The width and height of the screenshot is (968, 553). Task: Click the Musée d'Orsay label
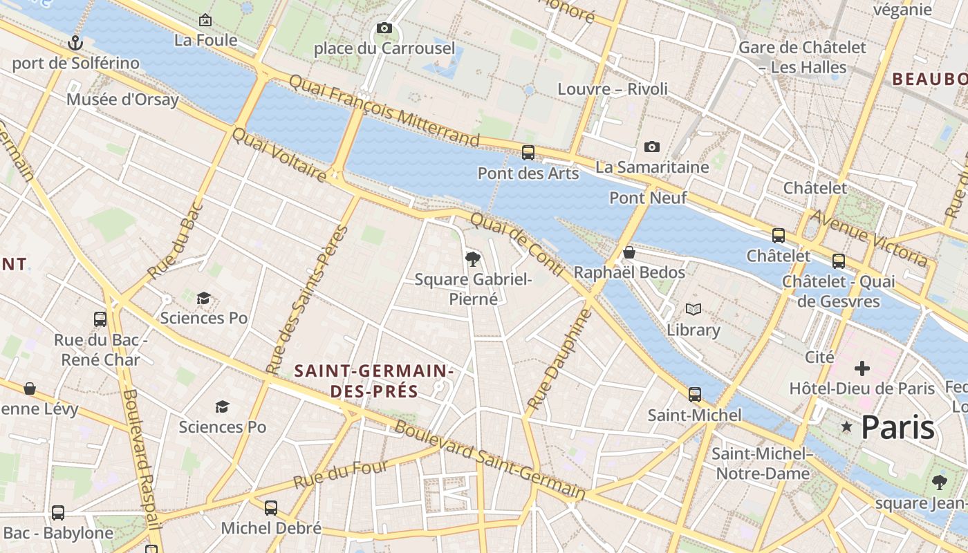pos(122,100)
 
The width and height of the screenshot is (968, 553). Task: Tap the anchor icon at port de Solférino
pos(75,44)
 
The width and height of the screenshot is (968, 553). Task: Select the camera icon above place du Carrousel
pos(384,28)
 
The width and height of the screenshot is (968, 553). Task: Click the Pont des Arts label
pos(528,174)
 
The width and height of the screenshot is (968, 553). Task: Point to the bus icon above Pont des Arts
pos(528,153)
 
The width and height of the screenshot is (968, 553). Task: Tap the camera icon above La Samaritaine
pos(651,147)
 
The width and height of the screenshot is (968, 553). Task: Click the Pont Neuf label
pos(648,198)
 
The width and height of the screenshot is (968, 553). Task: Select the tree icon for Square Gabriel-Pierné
pos(473,259)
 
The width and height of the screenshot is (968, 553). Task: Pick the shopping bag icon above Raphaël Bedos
pos(629,252)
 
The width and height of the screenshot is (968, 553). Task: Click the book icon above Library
pos(693,309)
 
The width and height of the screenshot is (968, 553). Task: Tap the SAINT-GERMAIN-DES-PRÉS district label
pos(374,381)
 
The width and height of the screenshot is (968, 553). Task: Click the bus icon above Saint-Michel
pos(694,395)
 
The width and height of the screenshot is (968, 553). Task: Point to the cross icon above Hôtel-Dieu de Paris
pos(862,368)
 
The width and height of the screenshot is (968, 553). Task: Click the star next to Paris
pos(846,427)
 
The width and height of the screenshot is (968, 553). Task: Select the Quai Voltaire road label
pos(279,156)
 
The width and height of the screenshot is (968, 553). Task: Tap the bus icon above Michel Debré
pos(271,508)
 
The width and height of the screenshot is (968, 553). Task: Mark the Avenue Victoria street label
pos(869,237)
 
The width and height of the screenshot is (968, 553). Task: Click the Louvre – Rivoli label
pos(613,89)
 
